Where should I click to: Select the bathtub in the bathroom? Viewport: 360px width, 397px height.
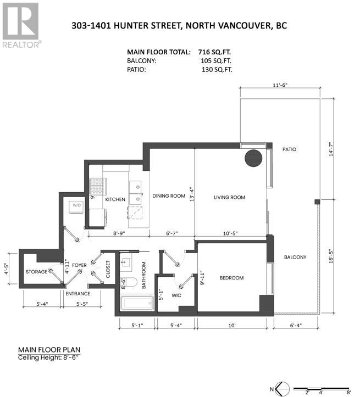pos(137,303)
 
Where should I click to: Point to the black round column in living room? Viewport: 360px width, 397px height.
pos(253,158)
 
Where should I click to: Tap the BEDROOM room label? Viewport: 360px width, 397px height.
pos(231,278)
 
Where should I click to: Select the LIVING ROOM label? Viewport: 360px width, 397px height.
pos(230,197)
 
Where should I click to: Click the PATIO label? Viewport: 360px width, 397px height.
pos(289,149)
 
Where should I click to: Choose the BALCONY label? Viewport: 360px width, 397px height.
pos(295,257)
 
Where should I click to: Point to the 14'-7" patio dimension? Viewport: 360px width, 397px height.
pos(331,150)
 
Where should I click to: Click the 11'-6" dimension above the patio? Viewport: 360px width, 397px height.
pos(280,85)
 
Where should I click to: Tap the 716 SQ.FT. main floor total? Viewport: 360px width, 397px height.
pos(214,52)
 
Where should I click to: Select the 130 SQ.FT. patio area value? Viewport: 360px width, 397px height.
pos(217,69)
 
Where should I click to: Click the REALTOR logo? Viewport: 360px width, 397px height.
pos(21,25)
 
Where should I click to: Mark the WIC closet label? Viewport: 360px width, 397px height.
pos(176,295)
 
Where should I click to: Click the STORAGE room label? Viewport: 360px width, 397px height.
pos(36,272)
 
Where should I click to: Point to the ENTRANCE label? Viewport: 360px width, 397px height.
pos(78,294)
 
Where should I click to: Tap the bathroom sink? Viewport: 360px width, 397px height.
pos(126,262)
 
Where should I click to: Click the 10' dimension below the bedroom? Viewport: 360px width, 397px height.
pos(232,326)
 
